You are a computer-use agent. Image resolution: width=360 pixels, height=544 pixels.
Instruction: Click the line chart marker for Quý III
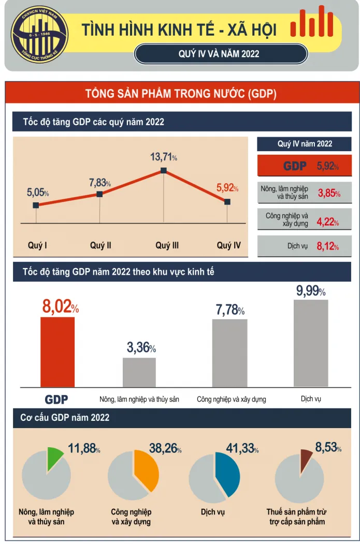coord(164,170)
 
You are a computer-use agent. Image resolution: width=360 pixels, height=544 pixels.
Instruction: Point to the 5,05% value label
coord(38,193)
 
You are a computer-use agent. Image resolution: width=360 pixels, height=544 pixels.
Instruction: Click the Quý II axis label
coord(100,245)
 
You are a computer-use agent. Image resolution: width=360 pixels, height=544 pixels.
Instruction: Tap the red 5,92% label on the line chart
coord(227,188)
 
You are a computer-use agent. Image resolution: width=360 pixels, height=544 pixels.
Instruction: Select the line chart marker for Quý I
coord(36,205)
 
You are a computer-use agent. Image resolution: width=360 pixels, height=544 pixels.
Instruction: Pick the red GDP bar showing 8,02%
coord(57,352)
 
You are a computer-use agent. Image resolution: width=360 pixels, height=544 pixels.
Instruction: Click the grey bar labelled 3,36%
coord(139,372)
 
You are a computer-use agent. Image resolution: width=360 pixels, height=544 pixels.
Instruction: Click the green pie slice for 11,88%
coord(53,459)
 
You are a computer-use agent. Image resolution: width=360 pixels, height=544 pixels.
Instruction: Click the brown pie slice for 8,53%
coord(306,458)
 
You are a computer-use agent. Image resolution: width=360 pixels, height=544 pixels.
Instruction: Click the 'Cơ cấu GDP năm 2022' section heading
coord(65,418)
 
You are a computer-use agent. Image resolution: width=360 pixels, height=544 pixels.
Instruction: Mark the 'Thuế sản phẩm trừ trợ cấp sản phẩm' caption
coord(297,517)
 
